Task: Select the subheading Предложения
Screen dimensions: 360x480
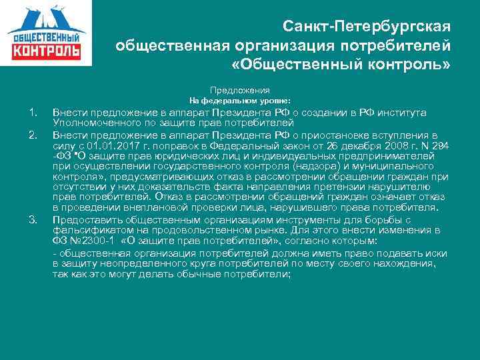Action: point(240,89)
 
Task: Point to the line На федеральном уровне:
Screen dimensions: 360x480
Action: point(240,101)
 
